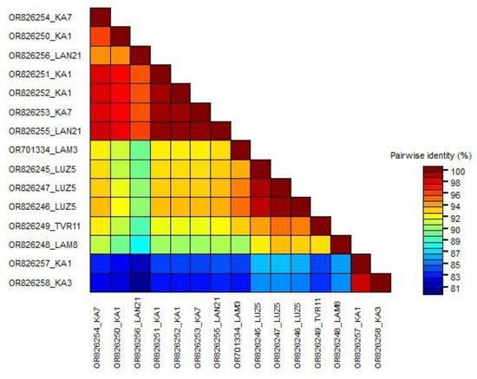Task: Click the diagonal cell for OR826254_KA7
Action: click(x=100, y=16)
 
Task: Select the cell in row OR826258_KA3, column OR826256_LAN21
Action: click(x=140, y=282)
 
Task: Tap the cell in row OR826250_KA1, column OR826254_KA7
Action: click(x=100, y=36)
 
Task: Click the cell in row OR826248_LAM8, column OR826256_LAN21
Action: click(x=140, y=244)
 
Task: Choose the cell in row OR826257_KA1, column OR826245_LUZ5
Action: click(x=260, y=263)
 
